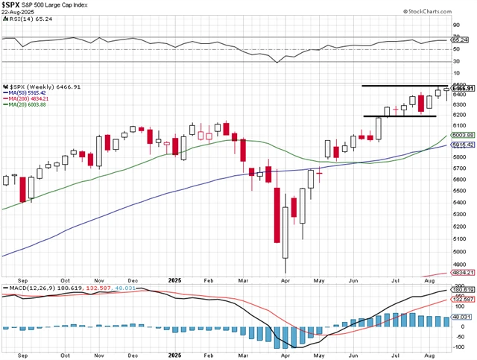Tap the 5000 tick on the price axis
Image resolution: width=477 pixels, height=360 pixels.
click(458, 239)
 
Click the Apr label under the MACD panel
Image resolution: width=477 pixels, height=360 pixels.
click(287, 355)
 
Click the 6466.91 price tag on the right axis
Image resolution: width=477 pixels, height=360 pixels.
click(462, 89)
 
